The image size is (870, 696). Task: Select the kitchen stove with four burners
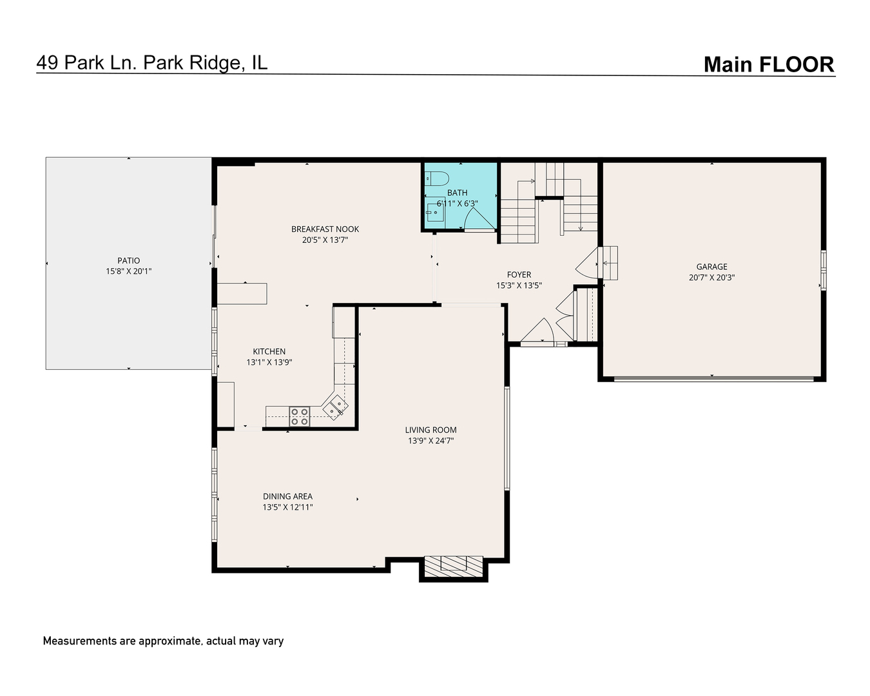coord(299,416)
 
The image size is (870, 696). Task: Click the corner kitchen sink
coord(336,406)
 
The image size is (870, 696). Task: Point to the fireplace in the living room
coord(453,565)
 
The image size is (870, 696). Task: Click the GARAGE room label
coord(711,267)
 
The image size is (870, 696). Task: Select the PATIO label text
coord(128,261)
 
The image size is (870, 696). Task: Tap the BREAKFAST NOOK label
coord(325,229)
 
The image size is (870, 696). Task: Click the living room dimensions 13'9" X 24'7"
coord(430,441)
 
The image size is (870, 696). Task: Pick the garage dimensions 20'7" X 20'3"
coord(711,278)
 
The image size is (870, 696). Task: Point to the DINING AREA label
coord(287,496)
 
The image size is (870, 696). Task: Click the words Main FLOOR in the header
coord(768,64)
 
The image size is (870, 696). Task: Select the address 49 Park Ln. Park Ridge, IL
coord(152,63)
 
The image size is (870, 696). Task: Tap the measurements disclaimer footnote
coord(163,641)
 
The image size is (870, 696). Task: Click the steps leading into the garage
coord(609,262)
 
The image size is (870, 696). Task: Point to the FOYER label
coord(518,275)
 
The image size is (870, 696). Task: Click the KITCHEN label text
coord(269,351)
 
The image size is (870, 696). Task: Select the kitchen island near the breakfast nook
coord(242,293)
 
